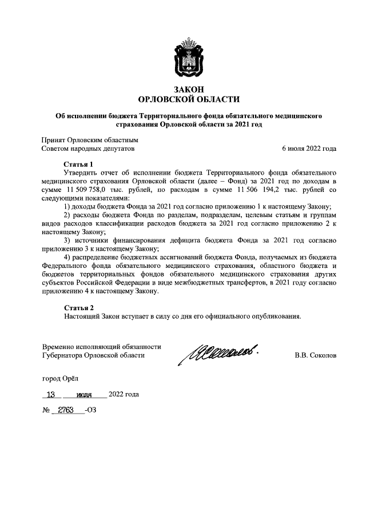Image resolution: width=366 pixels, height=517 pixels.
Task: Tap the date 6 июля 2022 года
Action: click(309, 149)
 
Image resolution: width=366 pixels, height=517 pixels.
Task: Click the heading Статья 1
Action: click(78, 163)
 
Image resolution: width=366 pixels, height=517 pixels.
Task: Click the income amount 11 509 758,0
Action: click(89, 189)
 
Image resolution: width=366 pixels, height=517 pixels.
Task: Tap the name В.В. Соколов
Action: click(316, 355)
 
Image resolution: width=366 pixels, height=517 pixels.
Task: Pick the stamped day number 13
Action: click(53, 394)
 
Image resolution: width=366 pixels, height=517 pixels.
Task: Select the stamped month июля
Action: click(84, 395)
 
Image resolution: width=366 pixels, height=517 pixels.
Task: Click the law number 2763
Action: click(67, 410)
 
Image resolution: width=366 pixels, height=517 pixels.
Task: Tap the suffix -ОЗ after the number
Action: click(90, 410)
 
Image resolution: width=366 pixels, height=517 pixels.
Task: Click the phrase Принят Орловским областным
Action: click(90, 139)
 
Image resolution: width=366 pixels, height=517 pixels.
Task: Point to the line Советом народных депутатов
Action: click(89, 149)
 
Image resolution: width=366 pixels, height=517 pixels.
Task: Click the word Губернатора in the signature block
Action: click(65, 355)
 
